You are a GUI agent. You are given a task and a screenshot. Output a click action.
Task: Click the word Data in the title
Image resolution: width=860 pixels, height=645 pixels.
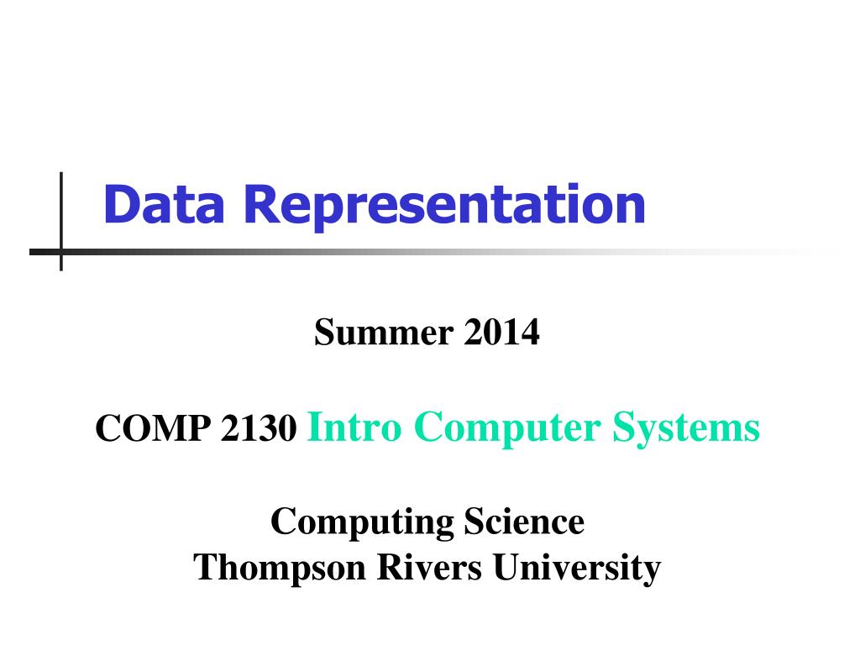(x=164, y=204)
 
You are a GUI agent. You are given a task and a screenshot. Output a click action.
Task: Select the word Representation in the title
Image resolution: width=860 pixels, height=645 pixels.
(x=444, y=208)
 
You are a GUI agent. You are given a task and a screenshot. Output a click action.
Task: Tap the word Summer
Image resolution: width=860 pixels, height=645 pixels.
(x=384, y=333)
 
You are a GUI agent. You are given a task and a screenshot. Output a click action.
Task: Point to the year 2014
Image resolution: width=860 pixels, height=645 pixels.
(x=502, y=333)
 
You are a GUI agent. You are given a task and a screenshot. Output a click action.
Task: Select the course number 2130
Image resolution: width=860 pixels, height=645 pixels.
(x=259, y=427)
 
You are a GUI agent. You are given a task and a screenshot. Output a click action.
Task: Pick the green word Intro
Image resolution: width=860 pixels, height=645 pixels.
(x=354, y=427)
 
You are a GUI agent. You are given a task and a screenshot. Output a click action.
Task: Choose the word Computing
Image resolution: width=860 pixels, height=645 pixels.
(x=362, y=522)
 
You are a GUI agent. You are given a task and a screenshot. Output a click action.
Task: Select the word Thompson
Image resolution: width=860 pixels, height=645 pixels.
(x=279, y=569)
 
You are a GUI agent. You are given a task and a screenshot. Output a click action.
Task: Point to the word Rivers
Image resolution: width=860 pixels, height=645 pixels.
(x=429, y=567)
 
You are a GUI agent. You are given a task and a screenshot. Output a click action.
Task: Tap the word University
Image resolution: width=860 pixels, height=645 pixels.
(x=576, y=569)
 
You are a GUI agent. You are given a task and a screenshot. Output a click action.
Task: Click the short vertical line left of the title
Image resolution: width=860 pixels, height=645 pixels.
(x=60, y=221)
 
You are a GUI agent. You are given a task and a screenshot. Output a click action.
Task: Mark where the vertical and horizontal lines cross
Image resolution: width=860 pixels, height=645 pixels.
(x=60, y=252)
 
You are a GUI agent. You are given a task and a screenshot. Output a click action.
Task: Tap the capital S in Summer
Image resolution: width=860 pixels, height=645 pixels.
(x=325, y=332)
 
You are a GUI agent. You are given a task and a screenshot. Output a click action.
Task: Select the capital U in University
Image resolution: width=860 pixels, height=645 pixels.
(x=507, y=567)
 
